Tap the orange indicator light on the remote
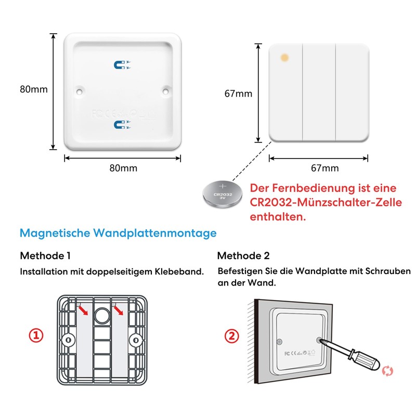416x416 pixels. tap(284, 57)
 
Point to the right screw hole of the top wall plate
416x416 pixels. tap(166, 91)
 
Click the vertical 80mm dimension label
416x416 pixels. tap(34, 89)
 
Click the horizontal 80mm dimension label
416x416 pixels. tap(123, 168)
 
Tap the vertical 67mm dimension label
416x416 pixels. tap(238, 94)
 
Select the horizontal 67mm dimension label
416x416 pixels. tap(324, 168)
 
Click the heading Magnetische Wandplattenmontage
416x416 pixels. tap(118, 233)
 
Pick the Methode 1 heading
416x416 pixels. tap(45, 256)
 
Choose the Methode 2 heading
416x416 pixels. tap(243, 256)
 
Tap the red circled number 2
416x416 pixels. tap(231, 336)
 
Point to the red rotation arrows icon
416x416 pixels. tap(387, 371)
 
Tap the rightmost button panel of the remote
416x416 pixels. tap(352, 93)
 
